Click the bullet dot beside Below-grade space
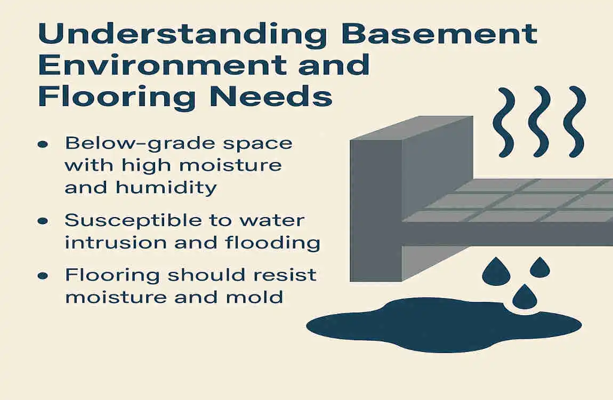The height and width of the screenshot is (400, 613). (44, 144)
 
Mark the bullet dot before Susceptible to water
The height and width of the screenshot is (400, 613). (44, 220)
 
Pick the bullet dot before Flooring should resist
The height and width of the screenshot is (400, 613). (44, 276)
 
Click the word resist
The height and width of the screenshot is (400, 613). (288, 275)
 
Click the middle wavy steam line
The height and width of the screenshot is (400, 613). (539, 122)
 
